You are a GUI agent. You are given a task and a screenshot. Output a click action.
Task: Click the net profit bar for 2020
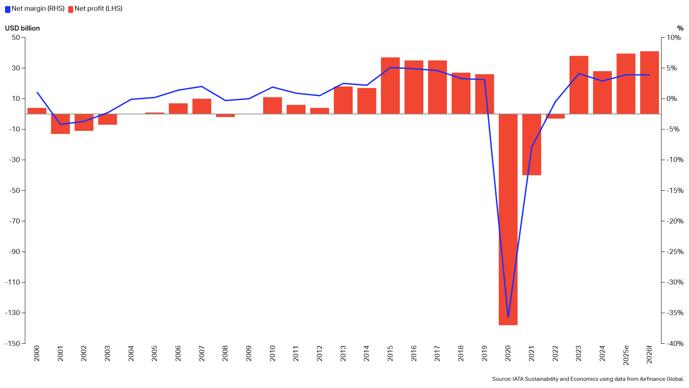[x=508, y=219]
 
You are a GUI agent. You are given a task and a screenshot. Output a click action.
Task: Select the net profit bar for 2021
[x=531, y=144]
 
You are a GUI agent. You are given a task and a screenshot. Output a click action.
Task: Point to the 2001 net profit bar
[x=60, y=124]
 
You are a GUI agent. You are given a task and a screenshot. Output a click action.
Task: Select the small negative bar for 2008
[x=225, y=115]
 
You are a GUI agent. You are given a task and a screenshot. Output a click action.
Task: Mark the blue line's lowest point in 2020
[x=508, y=317]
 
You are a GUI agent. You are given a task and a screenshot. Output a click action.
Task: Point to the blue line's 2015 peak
[x=390, y=68]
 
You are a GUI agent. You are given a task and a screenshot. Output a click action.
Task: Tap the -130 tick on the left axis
[x=13, y=313]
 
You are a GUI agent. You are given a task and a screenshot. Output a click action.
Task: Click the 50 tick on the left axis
[x=16, y=37]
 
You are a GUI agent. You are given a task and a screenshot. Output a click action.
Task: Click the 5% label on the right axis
[x=672, y=68]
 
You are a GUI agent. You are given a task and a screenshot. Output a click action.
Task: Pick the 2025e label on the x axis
[x=626, y=355]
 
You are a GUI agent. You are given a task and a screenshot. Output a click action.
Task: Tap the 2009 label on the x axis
[x=249, y=354]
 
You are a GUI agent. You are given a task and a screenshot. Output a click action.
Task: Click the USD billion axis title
[x=22, y=28]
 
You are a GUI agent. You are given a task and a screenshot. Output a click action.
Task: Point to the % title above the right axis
[x=680, y=28]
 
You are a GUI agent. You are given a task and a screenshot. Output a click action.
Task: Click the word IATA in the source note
[x=518, y=379]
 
